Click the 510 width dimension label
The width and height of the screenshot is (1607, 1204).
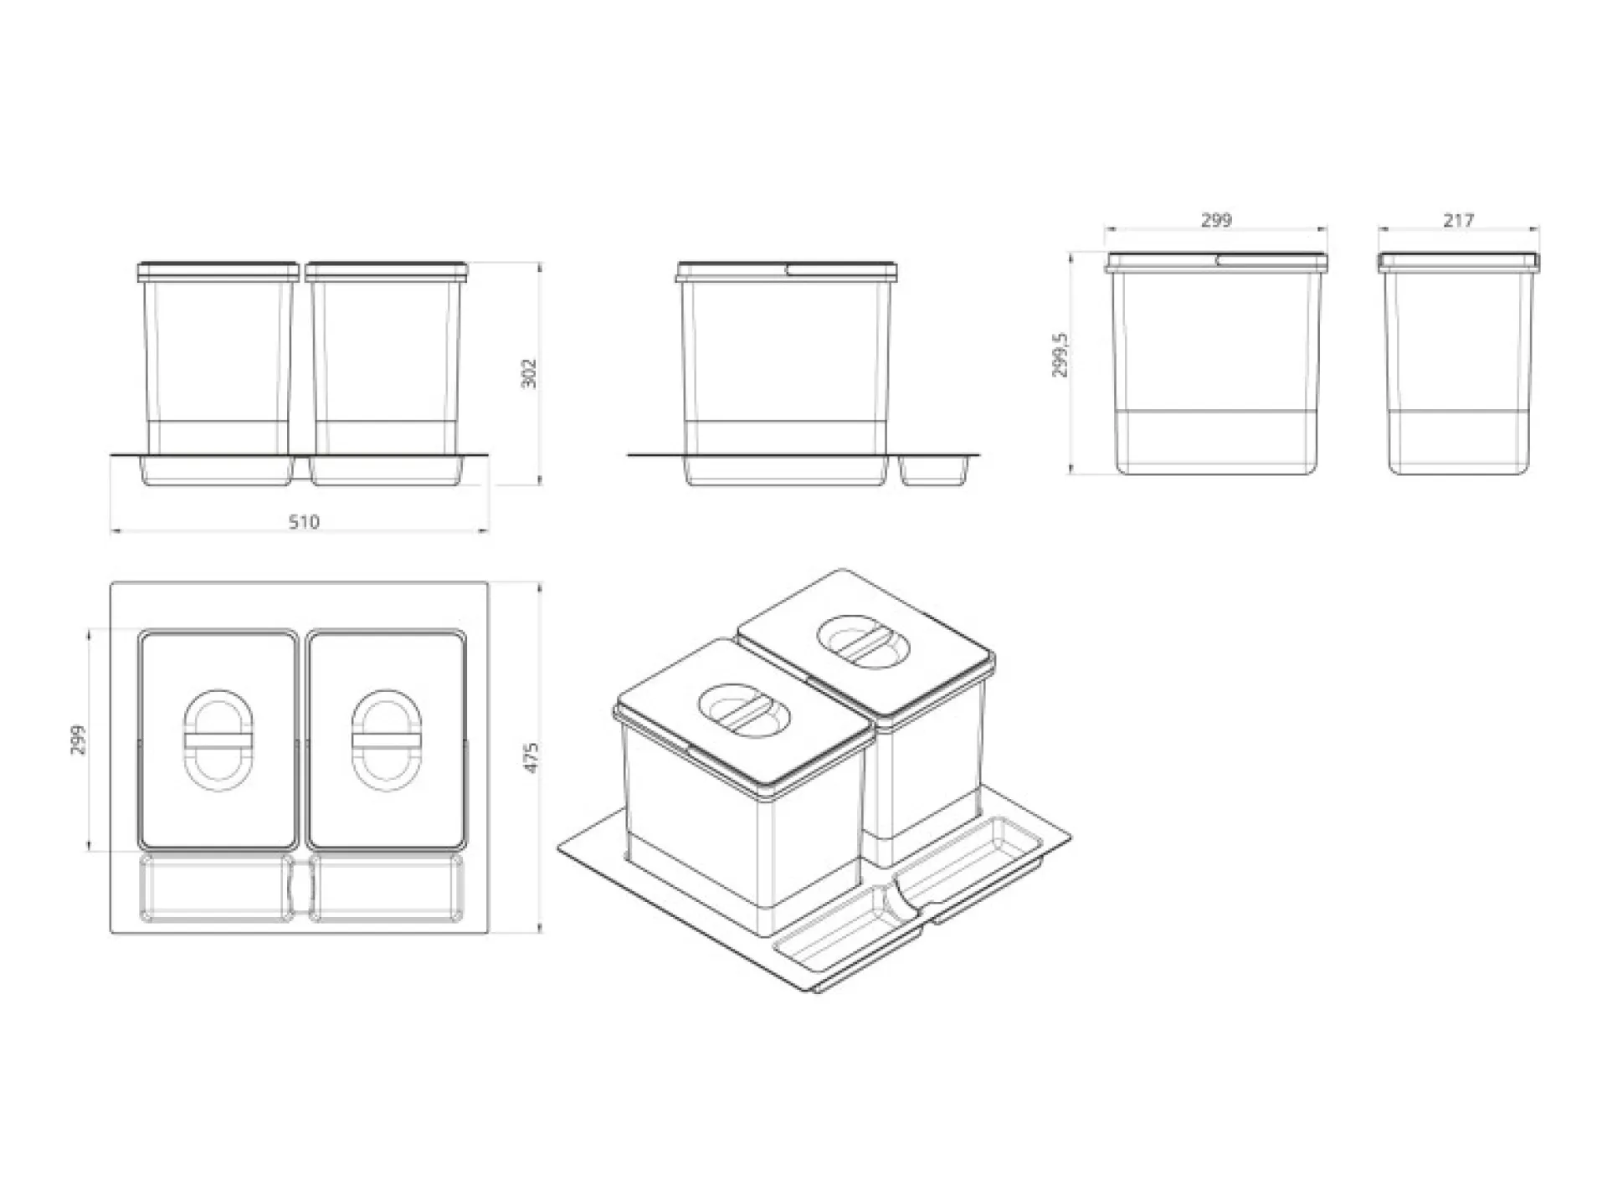pos(304,522)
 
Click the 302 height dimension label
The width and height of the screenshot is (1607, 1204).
pos(529,373)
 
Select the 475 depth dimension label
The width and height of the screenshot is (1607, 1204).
pos(531,757)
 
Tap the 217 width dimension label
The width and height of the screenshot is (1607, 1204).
pos(1458,220)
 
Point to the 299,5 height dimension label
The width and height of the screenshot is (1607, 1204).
pos(1060,355)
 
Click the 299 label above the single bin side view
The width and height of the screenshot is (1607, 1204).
pos(1216,220)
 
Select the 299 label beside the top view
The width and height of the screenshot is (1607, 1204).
pos(78,740)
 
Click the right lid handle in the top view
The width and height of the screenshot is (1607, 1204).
pos(386,740)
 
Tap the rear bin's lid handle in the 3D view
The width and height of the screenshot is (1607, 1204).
pos(860,642)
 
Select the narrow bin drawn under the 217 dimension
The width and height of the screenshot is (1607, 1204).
pos(1459,362)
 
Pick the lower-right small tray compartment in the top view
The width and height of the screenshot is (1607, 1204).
pos(387,887)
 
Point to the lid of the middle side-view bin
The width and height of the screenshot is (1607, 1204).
pos(788,270)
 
